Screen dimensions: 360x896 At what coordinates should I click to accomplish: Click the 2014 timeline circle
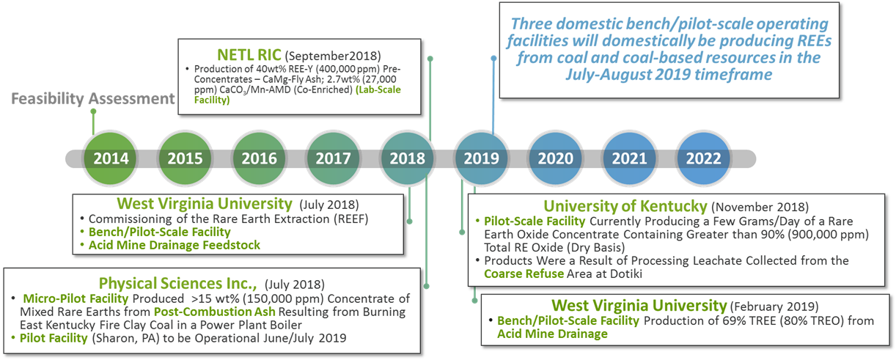[x=111, y=158]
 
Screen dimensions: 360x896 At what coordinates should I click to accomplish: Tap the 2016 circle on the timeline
[x=259, y=158]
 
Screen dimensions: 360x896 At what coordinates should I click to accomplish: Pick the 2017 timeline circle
[x=333, y=158]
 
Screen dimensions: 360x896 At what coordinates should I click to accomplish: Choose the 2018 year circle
[x=407, y=158]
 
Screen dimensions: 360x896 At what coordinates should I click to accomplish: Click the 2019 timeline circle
[x=481, y=158]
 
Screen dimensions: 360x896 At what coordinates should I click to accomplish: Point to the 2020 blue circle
[x=555, y=158]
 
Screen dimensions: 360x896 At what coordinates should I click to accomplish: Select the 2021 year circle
[x=629, y=158]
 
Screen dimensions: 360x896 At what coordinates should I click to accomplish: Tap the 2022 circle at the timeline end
[x=703, y=158]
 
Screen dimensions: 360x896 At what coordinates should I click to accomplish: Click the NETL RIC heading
[x=248, y=55]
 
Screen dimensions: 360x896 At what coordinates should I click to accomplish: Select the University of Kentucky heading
[x=625, y=207]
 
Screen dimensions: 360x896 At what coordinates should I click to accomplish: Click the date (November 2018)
[x=760, y=208]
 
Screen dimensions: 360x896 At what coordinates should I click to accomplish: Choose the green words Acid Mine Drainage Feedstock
[x=174, y=245]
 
